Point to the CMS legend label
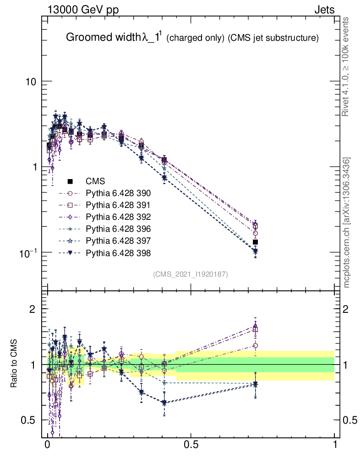pos(95,181)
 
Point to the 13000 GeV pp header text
pos(82,10)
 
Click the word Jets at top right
pos(324,10)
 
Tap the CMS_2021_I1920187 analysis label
pos(191,274)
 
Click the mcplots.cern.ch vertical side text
pos(347,223)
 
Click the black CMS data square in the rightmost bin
pos(256,242)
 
